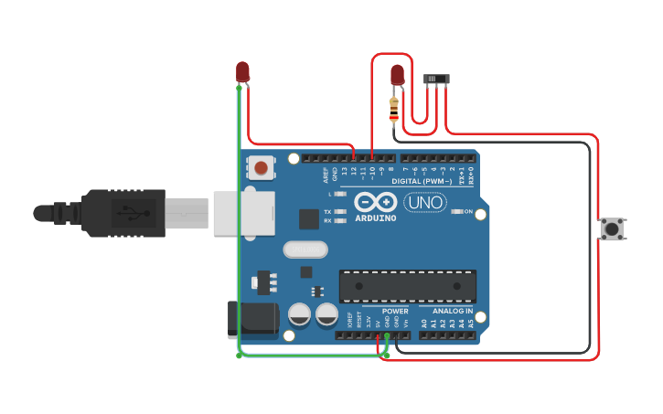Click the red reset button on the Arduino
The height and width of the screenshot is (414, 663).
tap(262, 167)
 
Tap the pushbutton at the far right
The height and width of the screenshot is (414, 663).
tap(611, 228)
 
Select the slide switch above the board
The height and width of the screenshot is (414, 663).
tap(436, 80)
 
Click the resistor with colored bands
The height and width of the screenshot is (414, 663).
tap(394, 110)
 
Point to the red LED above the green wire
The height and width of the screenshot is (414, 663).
tap(242, 71)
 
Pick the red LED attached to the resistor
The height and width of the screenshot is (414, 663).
tap(398, 74)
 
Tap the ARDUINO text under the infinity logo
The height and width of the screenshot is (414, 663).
tap(376, 218)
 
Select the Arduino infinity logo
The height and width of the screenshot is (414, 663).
tap(376, 202)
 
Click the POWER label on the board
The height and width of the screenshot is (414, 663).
tap(395, 312)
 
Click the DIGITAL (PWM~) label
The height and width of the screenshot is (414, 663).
tap(422, 181)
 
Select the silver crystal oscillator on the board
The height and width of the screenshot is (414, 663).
tap(305, 249)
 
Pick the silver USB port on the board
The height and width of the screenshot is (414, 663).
tap(243, 213)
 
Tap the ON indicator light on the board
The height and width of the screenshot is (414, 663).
tap(457, 211)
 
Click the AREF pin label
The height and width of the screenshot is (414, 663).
tap(325, 174)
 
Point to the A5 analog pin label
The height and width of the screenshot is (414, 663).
tap(471, 324)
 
